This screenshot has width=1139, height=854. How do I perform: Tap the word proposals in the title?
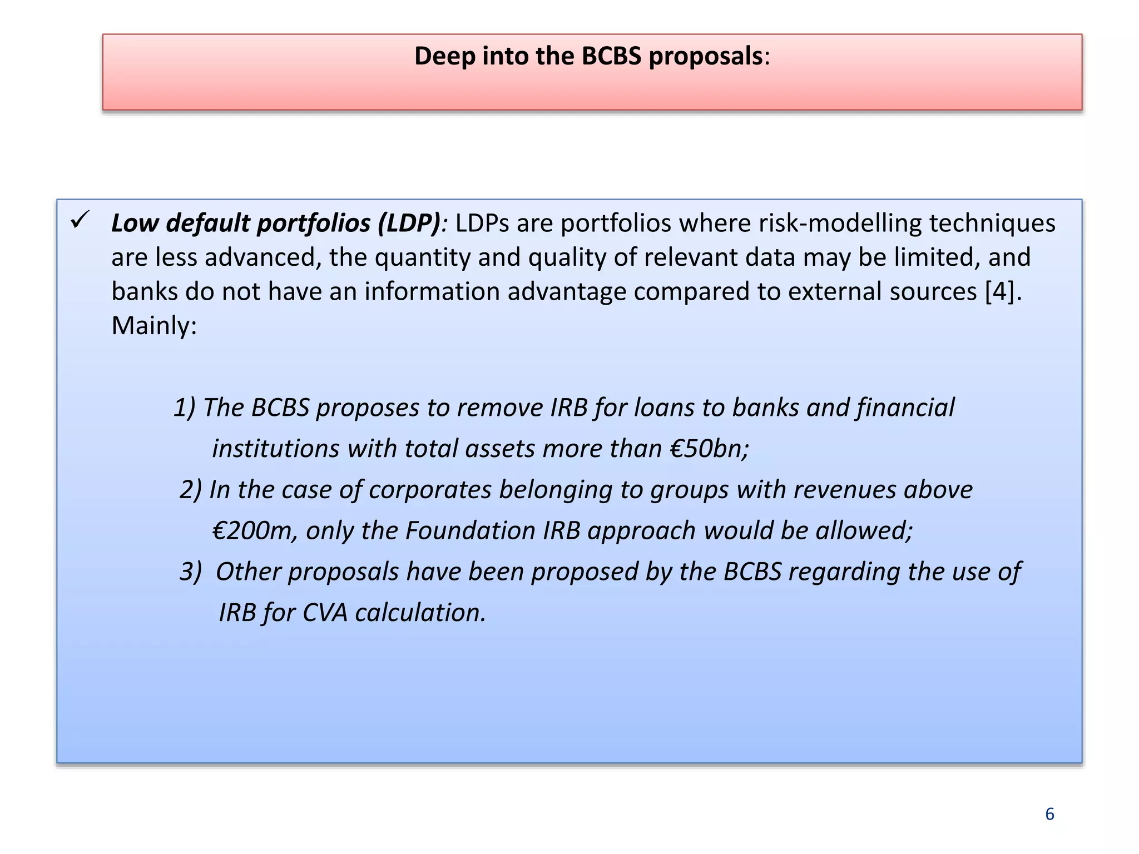coord(705,56)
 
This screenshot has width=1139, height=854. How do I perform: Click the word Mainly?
coord(153,326)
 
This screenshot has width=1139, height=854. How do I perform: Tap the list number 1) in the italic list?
coord(185,408)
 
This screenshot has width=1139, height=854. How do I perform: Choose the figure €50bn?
coord(709,449)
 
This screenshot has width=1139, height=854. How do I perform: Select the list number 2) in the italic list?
coord(191,490)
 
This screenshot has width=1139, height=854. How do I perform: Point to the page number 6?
coord(1049,814)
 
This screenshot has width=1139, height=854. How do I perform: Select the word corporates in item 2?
coord(430,490)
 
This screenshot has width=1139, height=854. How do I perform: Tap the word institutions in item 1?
coord(275,449)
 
